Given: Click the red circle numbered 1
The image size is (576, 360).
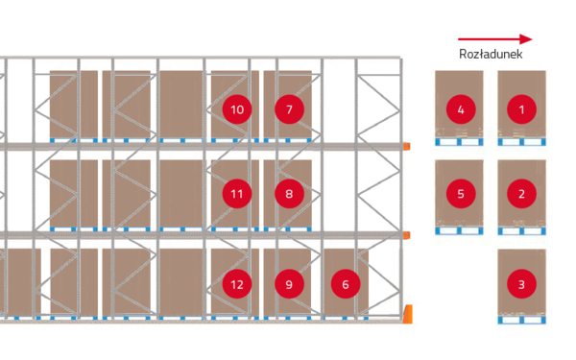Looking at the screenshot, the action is pos(521,109).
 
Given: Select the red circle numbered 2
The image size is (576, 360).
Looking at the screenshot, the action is pos(521,194).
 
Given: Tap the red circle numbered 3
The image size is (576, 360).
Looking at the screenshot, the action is pos(521,284).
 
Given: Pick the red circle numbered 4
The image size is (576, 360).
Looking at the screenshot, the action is pos(461,109).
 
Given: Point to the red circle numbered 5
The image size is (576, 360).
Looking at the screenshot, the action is pos(461,194).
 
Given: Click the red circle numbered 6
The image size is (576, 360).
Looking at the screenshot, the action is pos(346,284).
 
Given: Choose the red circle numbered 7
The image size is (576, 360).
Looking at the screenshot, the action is pos(289,109).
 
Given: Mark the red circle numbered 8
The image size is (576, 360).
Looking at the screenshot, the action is pos(289,194).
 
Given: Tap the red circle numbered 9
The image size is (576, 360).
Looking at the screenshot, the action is pos(289,284).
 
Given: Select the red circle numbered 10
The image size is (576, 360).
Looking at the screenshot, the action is pos(237,109).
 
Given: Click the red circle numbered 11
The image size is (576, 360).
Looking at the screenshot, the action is pos(237,194).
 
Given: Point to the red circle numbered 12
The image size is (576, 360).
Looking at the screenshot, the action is pos(237,284).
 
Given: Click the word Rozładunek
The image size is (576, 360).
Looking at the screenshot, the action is pos(491,54).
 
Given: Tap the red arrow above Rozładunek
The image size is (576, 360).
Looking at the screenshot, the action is pos(494,39).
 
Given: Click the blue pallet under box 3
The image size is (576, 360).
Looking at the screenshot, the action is pos(521,320).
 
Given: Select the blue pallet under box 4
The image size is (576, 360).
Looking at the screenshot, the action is pos(459,142).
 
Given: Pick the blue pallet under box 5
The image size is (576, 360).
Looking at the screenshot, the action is pos(459,230).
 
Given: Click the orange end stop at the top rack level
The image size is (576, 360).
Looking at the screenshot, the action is pos(407,146).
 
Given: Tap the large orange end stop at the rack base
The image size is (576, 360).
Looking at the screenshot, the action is pos(407,314).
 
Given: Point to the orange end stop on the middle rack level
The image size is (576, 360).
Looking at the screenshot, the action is pos(407,235).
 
